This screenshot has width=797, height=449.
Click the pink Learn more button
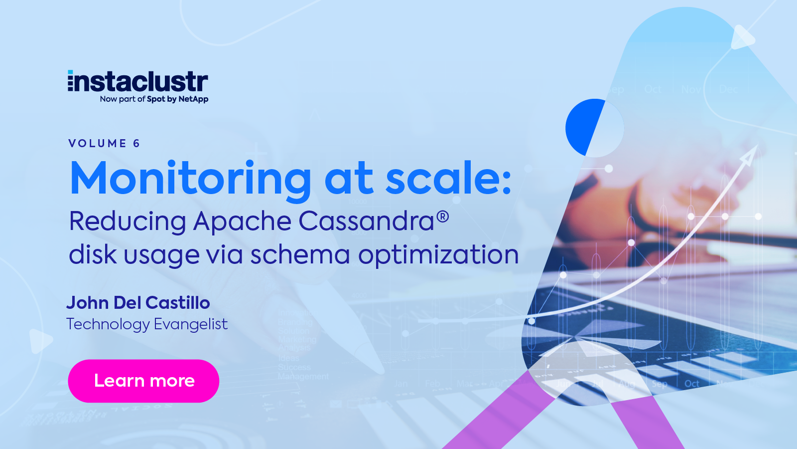[143, 381]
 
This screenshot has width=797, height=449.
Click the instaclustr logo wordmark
[138, 81]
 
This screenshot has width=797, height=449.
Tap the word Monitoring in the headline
[191, 179]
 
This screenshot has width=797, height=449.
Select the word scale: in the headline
[448, 179]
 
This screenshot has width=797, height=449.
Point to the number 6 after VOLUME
[136, 144]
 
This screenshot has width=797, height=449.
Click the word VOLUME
[98, 144]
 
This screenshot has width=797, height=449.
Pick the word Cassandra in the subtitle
[366, 221]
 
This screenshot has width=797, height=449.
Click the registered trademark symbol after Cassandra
[443, 217]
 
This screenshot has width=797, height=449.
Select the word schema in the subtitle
[300, 254]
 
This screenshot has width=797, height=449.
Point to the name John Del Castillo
[138, 303]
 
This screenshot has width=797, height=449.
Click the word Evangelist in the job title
[191, 324]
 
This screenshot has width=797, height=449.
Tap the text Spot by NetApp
[178, 99]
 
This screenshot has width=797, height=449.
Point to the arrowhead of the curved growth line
[749, 156]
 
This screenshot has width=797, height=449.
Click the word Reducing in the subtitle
[128, 222]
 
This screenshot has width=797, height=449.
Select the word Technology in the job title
[108, 324]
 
